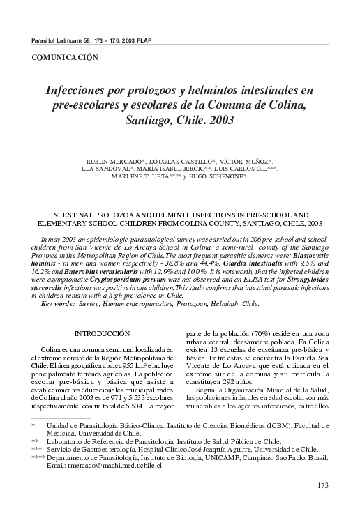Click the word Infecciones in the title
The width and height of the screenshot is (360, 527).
79,91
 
